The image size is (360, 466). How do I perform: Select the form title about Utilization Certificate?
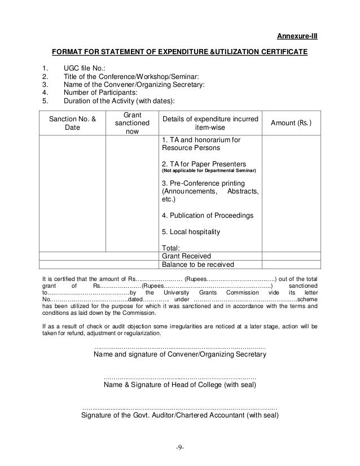(x=179, y=52)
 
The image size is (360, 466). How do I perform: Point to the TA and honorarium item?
(x=201, y=144)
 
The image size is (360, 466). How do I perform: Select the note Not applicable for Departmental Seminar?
(x=208, y=170)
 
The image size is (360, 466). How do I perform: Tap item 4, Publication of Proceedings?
(x=207, y=216)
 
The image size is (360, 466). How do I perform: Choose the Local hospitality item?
(x=191, y=232)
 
